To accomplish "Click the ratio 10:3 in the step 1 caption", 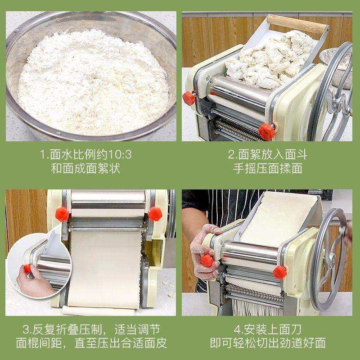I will coord(118,156).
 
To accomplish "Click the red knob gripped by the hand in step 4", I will coord(207,260).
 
